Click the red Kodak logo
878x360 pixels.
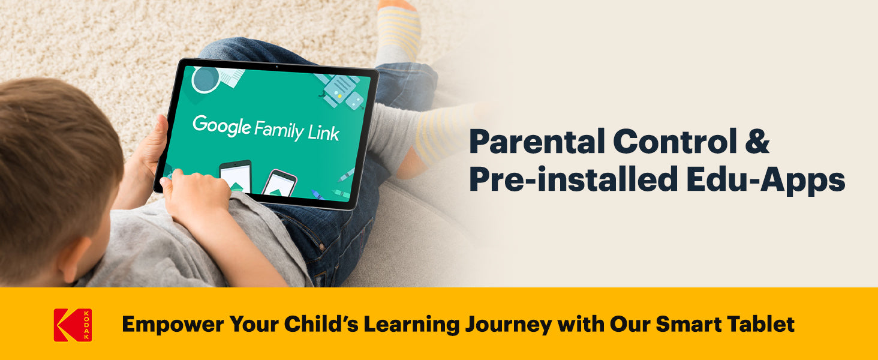pos(73,325)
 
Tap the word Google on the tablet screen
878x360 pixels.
pos(221,126)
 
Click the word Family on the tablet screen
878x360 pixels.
pos(279,131)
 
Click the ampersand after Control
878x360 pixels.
pos(757,141)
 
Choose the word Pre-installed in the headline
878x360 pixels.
pos(573,179)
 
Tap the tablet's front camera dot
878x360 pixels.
pos(276,67)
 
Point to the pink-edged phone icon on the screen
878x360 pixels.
pos(279,182)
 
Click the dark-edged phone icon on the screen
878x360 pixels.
pos(235,176)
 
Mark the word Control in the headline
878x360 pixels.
pos(675,142)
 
